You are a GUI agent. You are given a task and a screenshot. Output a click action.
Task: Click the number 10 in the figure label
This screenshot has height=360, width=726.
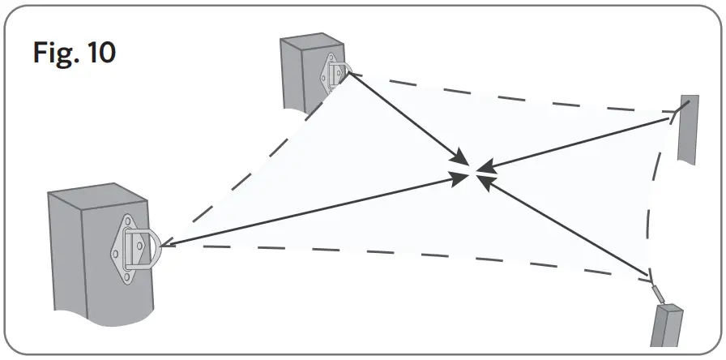100,54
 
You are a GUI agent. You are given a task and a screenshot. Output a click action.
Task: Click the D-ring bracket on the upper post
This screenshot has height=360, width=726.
334,72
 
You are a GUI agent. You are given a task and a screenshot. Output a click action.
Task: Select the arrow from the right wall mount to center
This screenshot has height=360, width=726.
583,144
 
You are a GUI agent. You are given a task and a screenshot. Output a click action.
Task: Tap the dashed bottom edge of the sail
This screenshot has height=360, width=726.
405,259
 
